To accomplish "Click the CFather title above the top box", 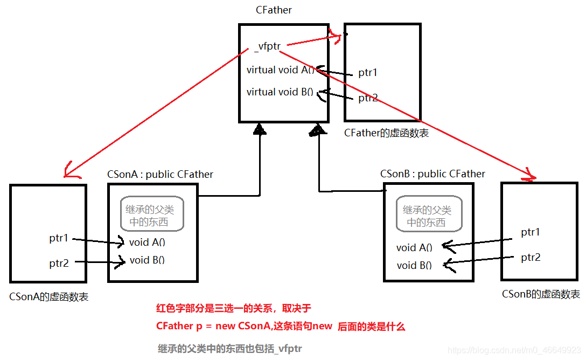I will [x=274, y=10].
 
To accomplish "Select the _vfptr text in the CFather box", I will [x=267, y=46].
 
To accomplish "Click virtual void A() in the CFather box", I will [x=280, y=70].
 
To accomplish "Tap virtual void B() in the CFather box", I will [x=280, y=92].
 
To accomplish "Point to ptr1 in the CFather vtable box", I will [x=368, y=73].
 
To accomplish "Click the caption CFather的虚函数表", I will [x=386, y=133].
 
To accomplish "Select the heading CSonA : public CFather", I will [x=160, y=174].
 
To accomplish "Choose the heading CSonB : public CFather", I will [x=432, y=174].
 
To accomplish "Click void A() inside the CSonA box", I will [x=147, y=243].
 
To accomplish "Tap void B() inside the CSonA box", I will [x=147, y=260].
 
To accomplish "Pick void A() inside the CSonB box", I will [x=414, y=248].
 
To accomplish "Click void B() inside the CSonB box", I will [x=414, y=266].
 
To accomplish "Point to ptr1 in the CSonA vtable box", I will [x=59, y=238].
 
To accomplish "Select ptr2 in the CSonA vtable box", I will [x=59, y=263].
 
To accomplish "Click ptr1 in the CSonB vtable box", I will [x=531, y=232].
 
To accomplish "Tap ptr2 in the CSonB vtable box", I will [x=531, y=258].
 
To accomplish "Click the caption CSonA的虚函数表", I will [x=49, y=296].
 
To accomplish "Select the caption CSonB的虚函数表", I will [x=541, y=294].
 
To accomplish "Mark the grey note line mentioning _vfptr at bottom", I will [x=230, y=349].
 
